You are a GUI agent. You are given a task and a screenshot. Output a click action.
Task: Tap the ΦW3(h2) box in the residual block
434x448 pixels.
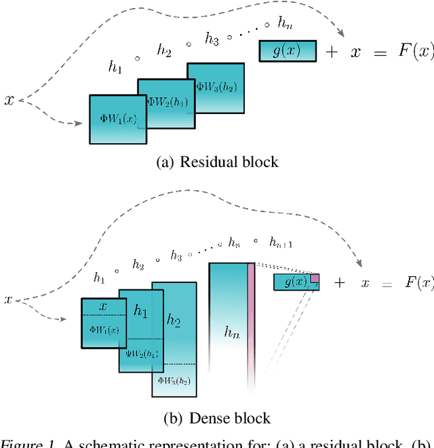point(216,88)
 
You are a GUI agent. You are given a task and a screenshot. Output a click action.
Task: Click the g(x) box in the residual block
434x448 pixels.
point(288,51)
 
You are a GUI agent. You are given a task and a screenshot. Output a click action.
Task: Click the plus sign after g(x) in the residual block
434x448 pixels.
point(332,52)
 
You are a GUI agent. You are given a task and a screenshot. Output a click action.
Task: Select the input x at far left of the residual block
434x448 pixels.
point(9,100)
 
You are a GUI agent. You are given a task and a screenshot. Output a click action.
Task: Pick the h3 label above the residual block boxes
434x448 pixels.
point(212,41)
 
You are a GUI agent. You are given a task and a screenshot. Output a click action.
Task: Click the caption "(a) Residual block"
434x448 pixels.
point(217,162)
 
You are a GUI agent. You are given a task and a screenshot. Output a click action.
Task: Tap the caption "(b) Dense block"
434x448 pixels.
point(217,418)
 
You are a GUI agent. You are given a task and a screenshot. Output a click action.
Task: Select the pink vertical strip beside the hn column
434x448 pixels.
point(251,326)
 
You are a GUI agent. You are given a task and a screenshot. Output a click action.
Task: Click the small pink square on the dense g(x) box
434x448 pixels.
point(315,278)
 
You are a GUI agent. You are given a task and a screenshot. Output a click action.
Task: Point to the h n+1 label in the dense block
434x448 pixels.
point(281,243)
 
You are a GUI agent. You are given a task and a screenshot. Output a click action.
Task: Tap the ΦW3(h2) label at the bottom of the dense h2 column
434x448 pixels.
point(174,381)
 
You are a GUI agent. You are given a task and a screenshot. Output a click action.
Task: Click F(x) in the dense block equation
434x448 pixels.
point(418,282)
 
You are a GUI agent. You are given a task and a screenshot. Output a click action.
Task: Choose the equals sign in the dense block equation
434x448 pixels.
point(387,284)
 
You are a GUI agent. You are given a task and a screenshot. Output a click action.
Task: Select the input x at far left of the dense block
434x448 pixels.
point(8,299)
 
